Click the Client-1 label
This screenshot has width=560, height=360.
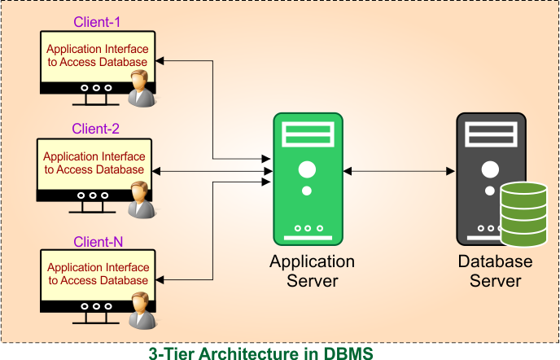point(98,21)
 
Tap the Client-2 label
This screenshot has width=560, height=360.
point(96,129)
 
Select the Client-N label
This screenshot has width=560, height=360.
point(98,242)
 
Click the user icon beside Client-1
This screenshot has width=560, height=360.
point(142,87)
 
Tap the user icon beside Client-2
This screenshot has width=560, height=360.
point(141,200)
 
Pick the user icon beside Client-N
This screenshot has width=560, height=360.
point(142,310)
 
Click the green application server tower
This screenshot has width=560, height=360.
point(307,179)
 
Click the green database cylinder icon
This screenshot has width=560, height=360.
point(523,214)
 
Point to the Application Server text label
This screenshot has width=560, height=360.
point(312,271)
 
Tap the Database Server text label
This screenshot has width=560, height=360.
point(495,271)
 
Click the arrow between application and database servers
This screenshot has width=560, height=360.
point(398,171)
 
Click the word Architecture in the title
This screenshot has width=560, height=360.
point(249,353)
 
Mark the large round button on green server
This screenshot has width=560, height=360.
point(307,170)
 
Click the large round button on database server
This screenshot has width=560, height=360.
point(489,170)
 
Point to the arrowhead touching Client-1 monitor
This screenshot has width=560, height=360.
point(161,61)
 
